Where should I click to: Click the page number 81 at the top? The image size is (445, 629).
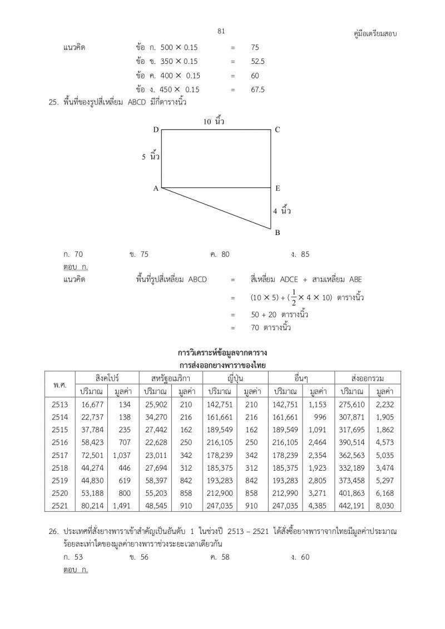[x=221, y=31]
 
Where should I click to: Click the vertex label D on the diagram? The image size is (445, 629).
[x=156, y=129]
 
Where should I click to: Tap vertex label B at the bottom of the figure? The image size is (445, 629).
[x=278, y=233]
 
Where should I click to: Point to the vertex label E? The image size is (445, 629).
[x=278, y=188]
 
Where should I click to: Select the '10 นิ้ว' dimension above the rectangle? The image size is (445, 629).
[x=214, y=121]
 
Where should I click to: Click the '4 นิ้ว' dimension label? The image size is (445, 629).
[x=282, y=211]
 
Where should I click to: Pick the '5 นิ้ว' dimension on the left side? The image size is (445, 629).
[x=151, y=157]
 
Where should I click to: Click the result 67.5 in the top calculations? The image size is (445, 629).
[x=258, y=89]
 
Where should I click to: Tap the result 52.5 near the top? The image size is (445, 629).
[x=258, y=62]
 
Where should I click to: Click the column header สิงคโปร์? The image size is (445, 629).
[x=107, y=378]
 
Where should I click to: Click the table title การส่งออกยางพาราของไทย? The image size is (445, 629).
[x=222, y=365]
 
